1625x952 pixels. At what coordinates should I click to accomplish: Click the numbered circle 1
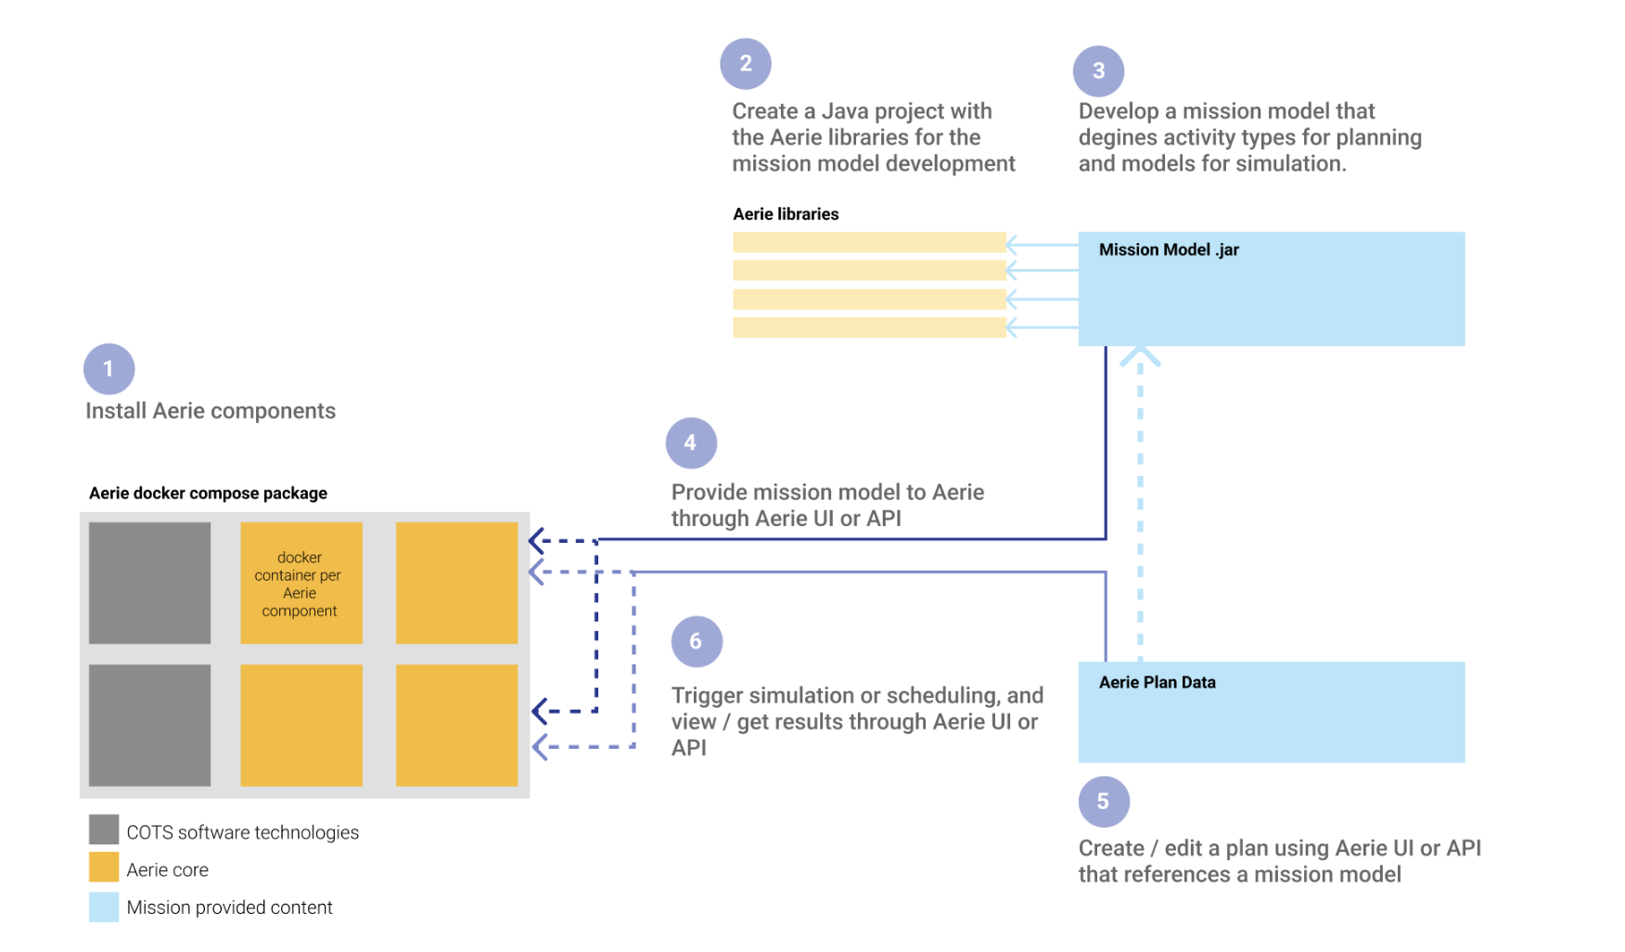(109, 369)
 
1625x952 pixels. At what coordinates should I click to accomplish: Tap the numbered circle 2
(746, 64)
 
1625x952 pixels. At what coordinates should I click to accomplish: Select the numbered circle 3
(1098, 71)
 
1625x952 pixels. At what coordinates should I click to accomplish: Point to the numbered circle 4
(691, 444)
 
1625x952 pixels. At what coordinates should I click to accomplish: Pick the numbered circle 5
(1104, 802)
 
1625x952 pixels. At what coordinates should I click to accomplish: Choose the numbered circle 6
(697, 642)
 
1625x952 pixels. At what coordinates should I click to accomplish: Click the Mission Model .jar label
(1169, 250)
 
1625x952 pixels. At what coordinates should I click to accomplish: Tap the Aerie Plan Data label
(1157, 683)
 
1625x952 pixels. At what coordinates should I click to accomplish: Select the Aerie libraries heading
(786, 214)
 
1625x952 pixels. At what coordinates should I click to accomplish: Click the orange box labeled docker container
(301, 584)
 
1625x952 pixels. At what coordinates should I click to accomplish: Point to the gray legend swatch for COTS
(104, 830)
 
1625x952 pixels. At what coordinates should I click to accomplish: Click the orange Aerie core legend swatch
(104, 868)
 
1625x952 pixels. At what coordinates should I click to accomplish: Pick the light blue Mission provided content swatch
(104, 907)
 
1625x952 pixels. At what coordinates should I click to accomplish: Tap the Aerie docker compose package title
(208, 494)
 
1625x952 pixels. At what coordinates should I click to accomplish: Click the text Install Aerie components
(211, 411)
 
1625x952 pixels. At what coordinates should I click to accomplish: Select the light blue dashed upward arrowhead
(1140, 355)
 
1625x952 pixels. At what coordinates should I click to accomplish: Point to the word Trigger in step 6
(707, 696)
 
